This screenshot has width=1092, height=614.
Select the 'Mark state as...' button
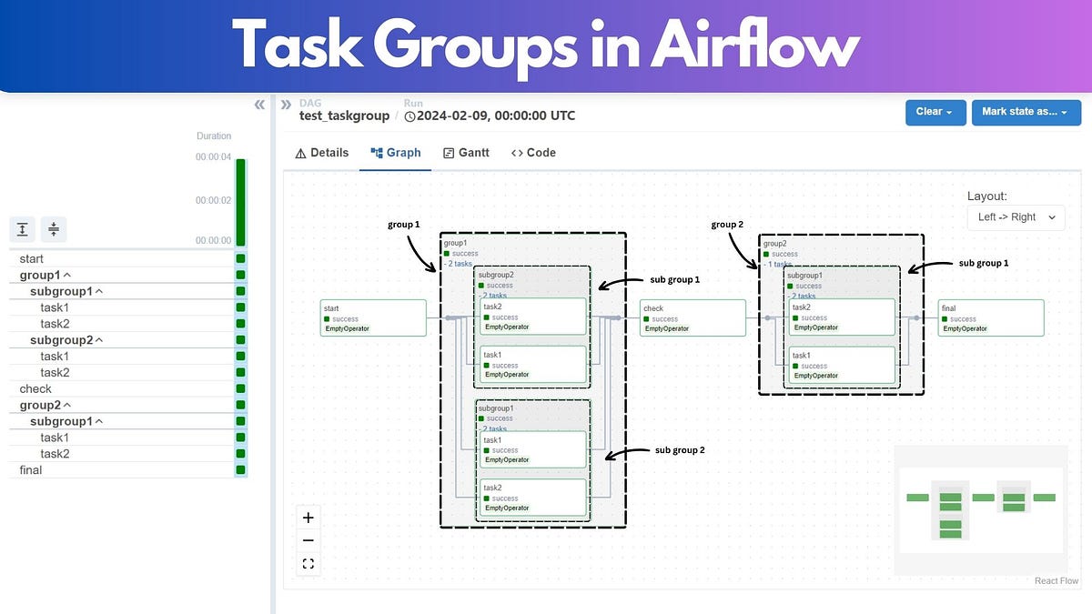tap(1026, 112)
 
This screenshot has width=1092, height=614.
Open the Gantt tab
tap(466, 153)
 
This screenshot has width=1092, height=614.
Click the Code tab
tap(533, 153)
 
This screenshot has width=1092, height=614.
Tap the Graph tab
tap(396, 153)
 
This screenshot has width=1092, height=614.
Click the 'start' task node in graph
tap(373, 318)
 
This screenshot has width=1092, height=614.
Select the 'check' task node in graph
tap(693, 318)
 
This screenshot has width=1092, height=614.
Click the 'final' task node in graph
tap(991, 318)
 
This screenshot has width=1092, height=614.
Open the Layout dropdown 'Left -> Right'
tap(1016, 217)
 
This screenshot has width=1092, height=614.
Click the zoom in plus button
tap(308, 518)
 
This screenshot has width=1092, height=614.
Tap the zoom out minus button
tap(308, 540)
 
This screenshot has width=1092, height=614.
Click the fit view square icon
tap(308, 564)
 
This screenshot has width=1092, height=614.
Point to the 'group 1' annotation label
tap(404, 224)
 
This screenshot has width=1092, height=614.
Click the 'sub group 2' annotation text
tap(680, 450)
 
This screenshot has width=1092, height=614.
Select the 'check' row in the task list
tap(36, 388)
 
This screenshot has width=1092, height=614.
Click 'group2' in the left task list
tap(41, 405)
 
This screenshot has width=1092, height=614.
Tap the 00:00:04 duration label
tap(213, 157)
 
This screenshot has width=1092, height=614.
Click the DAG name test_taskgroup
tap(344, 116)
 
